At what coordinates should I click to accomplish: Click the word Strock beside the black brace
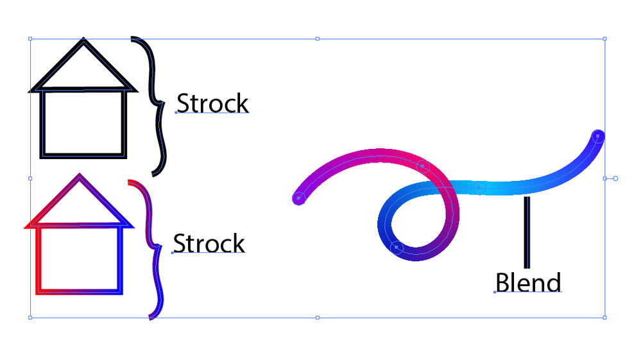212,103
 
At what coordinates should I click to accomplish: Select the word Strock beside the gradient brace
209,244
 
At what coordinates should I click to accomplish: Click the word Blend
528,282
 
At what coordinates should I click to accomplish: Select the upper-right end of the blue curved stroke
597,136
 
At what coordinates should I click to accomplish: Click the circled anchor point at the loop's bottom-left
397,247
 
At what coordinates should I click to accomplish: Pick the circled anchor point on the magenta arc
422,166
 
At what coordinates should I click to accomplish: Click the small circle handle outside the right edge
615,178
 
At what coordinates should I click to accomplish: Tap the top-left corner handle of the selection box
30,39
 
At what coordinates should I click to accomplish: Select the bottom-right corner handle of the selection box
604,317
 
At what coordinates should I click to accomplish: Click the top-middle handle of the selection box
317,39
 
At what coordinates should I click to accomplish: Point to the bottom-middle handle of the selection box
317,317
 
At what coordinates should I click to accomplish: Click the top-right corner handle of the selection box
604,39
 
